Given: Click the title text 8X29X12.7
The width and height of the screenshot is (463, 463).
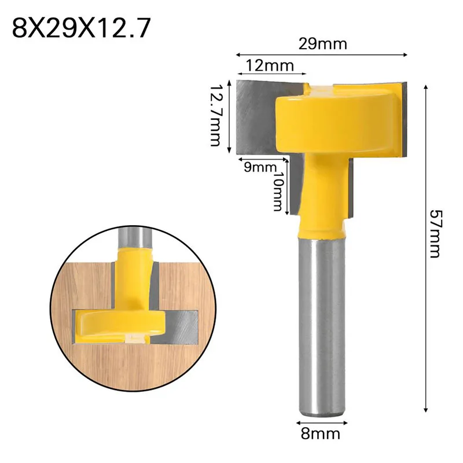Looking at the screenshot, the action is (81, 28).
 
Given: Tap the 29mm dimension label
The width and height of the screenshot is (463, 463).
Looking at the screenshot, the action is (323, 44).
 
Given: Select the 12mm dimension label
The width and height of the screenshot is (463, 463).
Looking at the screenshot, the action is (270, 65).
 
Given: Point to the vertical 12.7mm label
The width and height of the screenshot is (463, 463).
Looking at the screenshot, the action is (215, 116).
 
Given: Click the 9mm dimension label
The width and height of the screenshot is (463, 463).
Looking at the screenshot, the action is (260, 167).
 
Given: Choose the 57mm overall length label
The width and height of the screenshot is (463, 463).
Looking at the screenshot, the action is (436, 234).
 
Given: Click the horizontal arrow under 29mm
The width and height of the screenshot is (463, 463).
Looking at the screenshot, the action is (322, 54).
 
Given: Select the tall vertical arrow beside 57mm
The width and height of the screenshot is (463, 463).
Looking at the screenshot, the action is (425, 248).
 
